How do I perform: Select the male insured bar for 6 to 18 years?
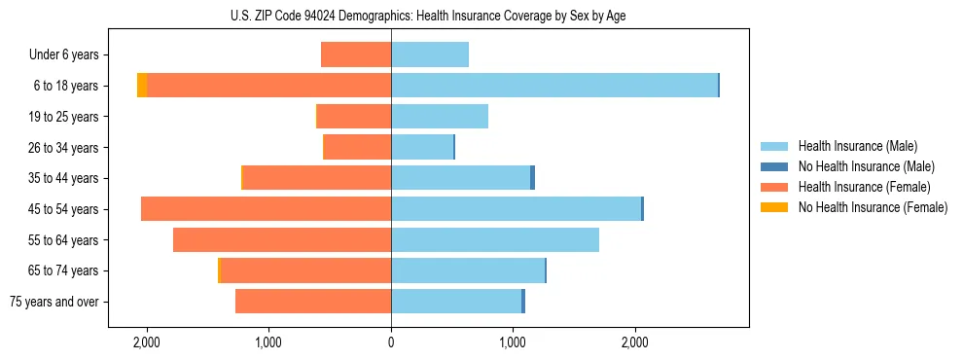tap(554, 86)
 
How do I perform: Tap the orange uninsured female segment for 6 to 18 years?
tap(142, 86)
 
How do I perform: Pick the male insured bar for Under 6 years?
tap(430, 55)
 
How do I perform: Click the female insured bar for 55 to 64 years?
tap(282, 239)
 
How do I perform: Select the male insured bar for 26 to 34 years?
tap(422, 147)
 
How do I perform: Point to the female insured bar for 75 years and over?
tap(313, 302)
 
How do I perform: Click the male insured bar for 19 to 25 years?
tap(440, 117)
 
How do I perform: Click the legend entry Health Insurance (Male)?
tap(857, 146)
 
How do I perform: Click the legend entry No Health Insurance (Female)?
tap(873, 207)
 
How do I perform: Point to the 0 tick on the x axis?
tap(391, 342)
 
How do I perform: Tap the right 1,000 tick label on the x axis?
tap(513, 342)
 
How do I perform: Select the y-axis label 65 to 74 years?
tap(64, 270)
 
